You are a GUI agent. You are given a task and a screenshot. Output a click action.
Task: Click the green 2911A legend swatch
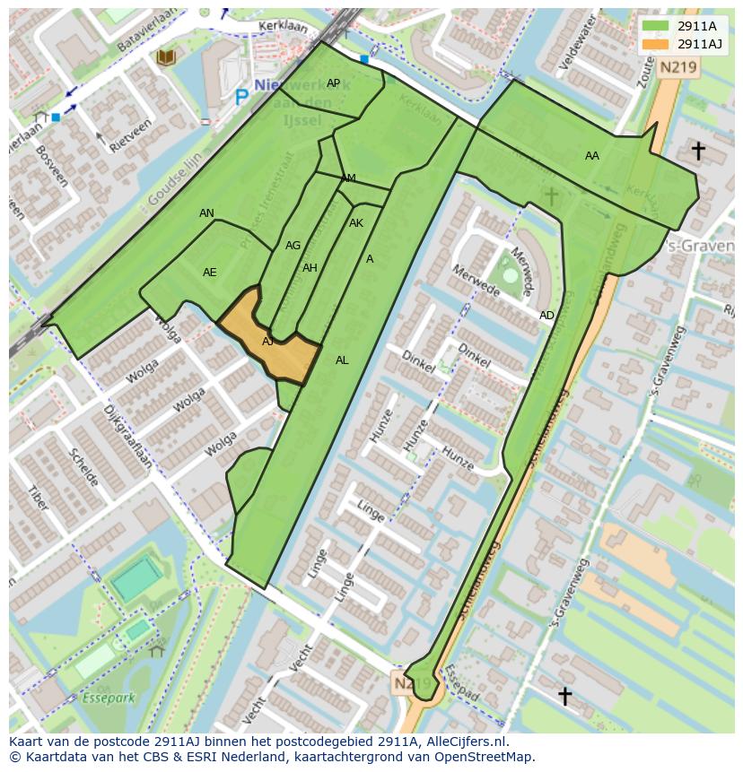click(656, 26)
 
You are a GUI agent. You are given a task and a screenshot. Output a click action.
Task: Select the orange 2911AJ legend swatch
click(656, 44)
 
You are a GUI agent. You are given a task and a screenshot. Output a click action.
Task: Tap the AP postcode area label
click(333, 83)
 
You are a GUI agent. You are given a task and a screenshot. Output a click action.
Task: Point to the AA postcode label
click(591, 156)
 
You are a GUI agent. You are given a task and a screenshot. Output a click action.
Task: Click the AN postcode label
click(206, 213)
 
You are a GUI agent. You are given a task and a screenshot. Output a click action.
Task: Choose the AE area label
click(209, 273)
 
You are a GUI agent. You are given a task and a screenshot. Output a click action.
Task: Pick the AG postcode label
click(293, 246)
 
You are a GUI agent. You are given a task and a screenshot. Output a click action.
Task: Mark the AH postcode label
click(310, 268)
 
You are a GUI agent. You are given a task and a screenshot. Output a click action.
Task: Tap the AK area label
click(356, 223)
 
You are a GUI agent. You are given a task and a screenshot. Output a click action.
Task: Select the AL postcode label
click(342, 360)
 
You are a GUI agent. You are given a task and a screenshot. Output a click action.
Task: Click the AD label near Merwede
click(546, 316)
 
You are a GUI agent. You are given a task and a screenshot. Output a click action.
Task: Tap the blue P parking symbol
click(240, 97)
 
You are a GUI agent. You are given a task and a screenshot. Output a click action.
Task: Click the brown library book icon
click(165, 57)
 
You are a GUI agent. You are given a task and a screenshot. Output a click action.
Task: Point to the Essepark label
click(107, 697)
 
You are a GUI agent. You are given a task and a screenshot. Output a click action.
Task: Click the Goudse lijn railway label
click(174, 179)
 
